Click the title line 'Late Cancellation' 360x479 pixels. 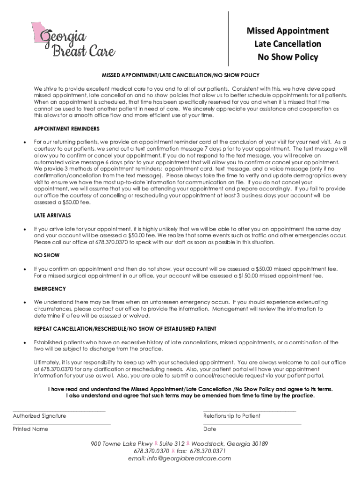tap(288, 44)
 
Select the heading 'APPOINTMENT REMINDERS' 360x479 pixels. tap(66, 129)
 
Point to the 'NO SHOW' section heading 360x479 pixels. tap(47, 256)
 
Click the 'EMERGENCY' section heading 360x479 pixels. tap(50, 289)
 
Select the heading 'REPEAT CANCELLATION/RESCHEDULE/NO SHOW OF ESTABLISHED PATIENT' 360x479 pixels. tap(125, 329)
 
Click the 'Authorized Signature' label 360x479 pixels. tap(39, 416)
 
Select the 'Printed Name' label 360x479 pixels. tap(30, 429)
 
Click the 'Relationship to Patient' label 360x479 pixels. tap(232, 416)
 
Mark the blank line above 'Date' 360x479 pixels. tap(252, 424)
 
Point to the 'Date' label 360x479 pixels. tap(210, 429)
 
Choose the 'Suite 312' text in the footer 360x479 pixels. tap(172, 443)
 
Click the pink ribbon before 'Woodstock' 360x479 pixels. tap(188, 443)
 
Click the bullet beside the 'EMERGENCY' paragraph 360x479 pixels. tap(24, 303)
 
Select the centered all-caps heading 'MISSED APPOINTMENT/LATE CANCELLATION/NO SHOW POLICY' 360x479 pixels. tap(181, 75)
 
